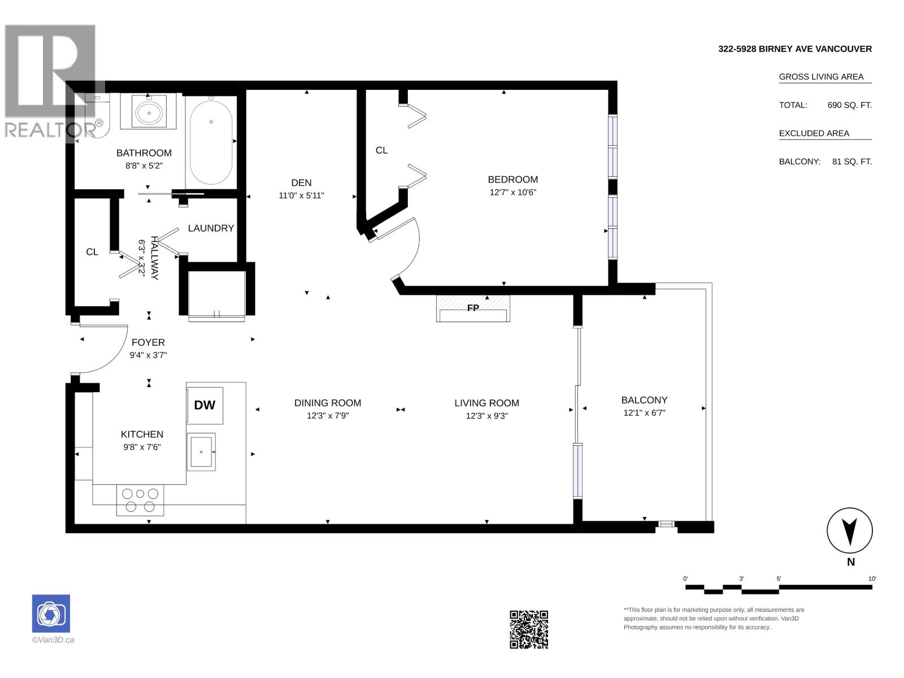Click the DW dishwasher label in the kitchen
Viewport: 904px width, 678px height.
pyautogui.click(x=205, y=405)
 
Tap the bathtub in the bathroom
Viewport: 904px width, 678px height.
pyautogui.click(x=211, y=142)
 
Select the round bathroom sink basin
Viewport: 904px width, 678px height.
pyautogui.click(x=149, y=112)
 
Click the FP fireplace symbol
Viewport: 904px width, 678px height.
pyautogui.click(x=473, y=308)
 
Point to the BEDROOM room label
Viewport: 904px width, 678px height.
pyautogui.click(x=513, y=180)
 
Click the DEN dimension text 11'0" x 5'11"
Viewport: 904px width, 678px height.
pyautogui.click(x=301, y=195)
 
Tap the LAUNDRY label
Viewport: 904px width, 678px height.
pyautogui.click(x=211, y=228)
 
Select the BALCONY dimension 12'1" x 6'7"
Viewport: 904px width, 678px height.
pyautogui.click(x=644, y=413)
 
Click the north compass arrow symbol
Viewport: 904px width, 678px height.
pyautogui.click(x=850, y=531)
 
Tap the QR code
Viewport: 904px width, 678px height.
pyautogui.click(x=529, y=629)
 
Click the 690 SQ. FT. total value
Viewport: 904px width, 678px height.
pyautogui.click(x=849, y=105)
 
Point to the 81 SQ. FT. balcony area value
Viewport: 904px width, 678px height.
pyautogui.click(x=851, y=162)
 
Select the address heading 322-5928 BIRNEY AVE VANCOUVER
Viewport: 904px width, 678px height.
pyautogui.click(x=795, y=49)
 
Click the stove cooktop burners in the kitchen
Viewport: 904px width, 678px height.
pyautogui.click(x=140, y=500)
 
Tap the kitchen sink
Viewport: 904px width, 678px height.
pyautogui.click(x=201, y=451)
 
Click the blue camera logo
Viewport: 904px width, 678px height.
pyautogui.click(x=51, y=614)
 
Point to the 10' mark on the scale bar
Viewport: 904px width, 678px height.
pyautogui.click(x=872, y=579)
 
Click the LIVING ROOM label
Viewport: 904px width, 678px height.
pyautogui.click(x=487, y=403)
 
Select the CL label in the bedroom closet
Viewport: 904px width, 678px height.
pyautogui.click(x=381, y=150)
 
